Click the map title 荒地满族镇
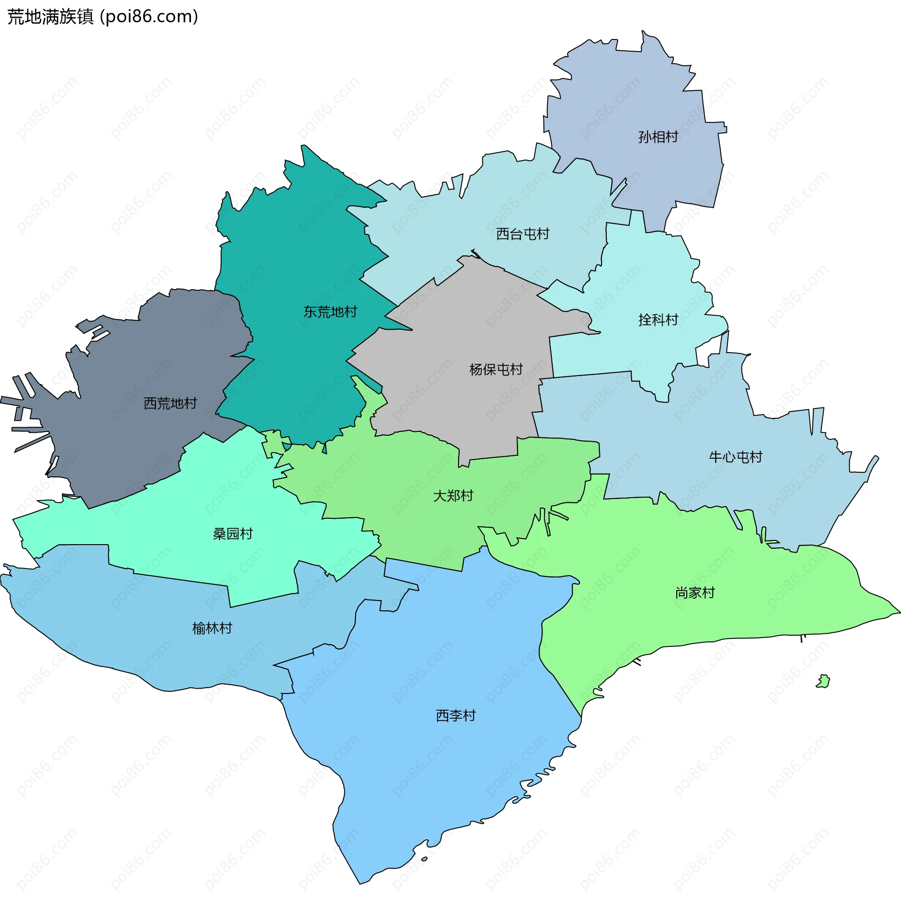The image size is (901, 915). point(51,16)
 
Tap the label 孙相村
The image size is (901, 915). point(658,137)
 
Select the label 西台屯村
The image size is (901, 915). point(522,234)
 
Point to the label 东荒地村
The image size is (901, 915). point(330,311)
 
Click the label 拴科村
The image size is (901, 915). point(658,320)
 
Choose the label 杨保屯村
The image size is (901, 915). point(496,369)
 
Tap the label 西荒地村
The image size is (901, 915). point(170,403)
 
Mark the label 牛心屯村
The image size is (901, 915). point(735,457)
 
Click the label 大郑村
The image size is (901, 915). point(453,496)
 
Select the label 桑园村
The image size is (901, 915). point(232,534)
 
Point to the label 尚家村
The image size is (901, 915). point(695,592)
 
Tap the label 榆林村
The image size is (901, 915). point(212,628)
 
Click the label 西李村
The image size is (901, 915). point(455,715)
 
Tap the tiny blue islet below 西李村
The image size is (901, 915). point(424,859)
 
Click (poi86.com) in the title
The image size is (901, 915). point(149,16)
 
